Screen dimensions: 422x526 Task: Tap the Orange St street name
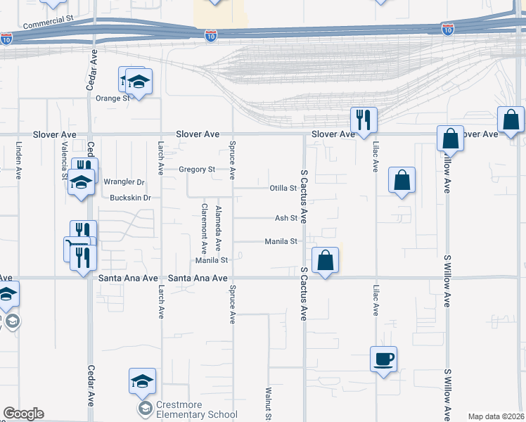(x=113, y=98)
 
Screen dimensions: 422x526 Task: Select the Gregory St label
(x=197, y=170)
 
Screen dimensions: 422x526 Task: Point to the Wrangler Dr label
(x=124, y=182)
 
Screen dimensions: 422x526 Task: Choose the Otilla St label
(x=284, y=188)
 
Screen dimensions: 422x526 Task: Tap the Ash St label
(x=286, y=219)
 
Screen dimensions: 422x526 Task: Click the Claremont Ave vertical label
(x=204, y=228)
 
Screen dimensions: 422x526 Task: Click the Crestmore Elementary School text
(x=198, y=409)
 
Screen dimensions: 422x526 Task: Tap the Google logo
(x=24, y=414)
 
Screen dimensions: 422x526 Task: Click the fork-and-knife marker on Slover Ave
(x=364, y=120)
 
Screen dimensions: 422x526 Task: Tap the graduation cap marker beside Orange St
(x=139, y=84)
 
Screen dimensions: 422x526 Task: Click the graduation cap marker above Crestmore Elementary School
(x=143, y=382)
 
